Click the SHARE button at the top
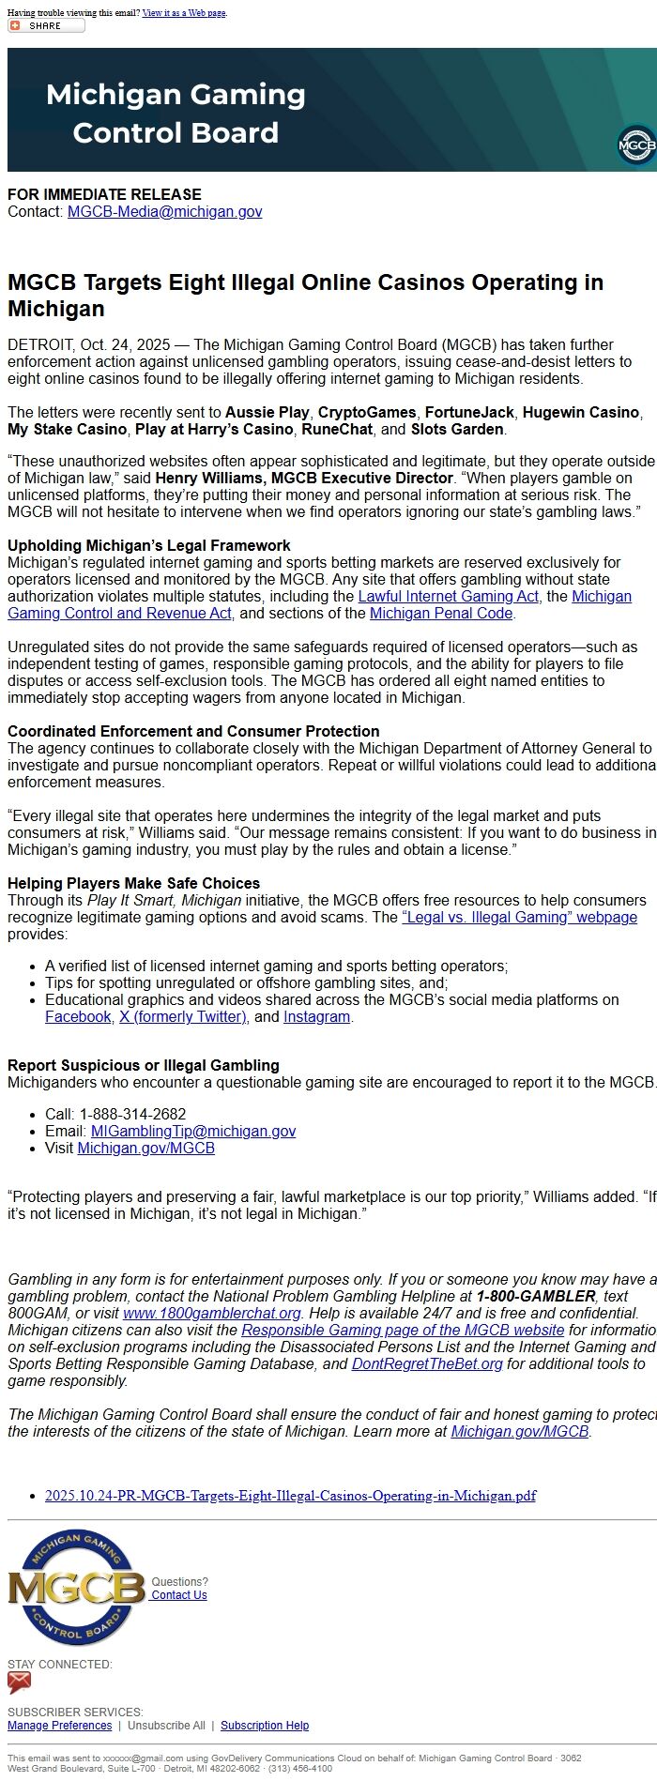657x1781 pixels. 45,25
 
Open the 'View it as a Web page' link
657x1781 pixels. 184,13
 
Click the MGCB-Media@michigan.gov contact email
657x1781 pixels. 164,212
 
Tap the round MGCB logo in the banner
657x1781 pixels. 636,145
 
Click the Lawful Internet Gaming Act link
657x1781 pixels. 448,597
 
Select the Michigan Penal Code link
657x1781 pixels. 441,614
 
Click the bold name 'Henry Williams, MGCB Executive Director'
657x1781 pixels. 304,479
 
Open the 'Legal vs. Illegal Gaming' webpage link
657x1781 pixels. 519,918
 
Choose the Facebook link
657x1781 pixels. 78,1017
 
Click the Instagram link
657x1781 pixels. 316,1017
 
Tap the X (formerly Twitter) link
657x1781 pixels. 184,1017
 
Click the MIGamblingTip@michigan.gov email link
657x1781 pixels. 192,1132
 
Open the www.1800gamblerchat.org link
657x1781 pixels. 211,1314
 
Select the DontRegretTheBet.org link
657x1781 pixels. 427,1364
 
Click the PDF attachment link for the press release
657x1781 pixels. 290,1496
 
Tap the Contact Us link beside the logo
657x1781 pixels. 179,1595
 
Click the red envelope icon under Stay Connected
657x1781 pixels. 19,1682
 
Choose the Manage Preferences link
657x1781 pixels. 59,1726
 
